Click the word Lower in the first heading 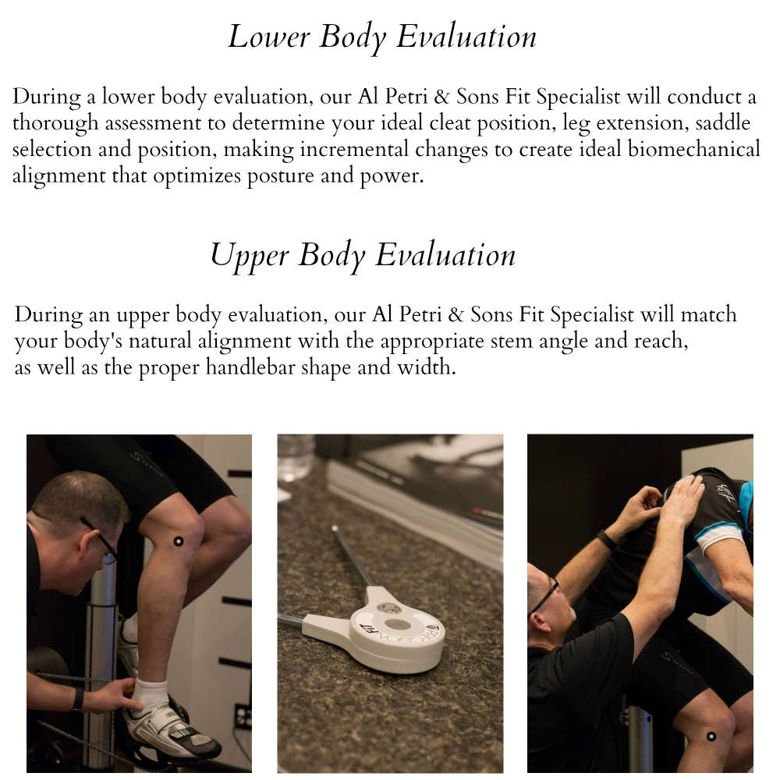268,37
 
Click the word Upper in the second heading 250,256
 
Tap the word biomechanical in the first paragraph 694,149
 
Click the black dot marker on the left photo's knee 178,541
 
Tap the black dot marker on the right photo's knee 711,736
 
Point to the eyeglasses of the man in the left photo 101,541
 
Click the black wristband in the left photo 78,700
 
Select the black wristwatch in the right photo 606,541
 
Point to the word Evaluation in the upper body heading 445,256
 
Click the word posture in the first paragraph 280,176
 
